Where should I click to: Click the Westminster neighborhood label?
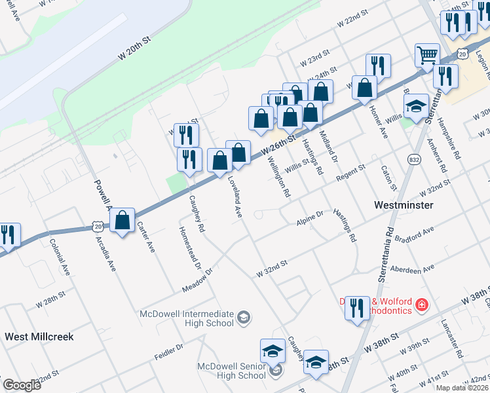(403, 205)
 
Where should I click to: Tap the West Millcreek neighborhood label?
(39, 337)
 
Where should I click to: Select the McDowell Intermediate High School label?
(187, 318)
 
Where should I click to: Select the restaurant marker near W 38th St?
(357, 307)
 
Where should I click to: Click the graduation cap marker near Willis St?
(415, 106)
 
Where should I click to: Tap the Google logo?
(22, 385)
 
